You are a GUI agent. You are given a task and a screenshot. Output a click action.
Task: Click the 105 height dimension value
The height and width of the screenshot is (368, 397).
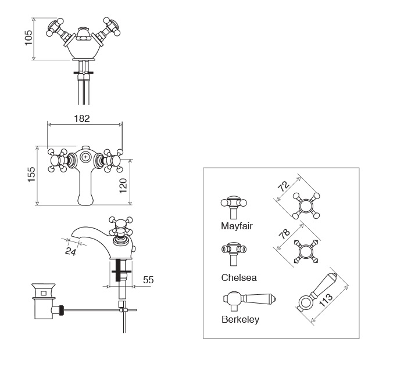[28, 38]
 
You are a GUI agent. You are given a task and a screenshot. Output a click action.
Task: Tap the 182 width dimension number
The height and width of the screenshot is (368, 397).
[82, 118]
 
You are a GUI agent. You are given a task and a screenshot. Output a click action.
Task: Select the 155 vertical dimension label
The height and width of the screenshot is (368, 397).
[31, 174]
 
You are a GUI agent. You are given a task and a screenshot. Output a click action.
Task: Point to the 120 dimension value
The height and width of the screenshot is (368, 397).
[123, 186]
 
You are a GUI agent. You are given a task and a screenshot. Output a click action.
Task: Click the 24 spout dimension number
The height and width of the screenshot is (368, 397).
[71, 251]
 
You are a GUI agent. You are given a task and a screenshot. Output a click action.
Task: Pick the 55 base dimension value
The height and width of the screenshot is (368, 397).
[148, 280]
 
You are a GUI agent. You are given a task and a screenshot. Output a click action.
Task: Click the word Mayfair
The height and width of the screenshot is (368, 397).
[237, 226]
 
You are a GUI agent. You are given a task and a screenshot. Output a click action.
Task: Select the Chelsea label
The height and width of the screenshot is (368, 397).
[239, 277]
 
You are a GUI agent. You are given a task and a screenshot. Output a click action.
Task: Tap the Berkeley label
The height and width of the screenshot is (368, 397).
[240, 319]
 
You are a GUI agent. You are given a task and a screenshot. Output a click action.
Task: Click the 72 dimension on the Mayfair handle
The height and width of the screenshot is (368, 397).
[284, 186]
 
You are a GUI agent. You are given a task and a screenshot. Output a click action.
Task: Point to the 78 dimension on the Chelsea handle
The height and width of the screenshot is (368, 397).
[284, 234]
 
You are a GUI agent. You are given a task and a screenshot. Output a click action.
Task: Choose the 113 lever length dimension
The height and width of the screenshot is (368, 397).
[326, 300]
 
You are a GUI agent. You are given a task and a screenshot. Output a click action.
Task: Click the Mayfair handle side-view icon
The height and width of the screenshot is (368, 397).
[234, 207]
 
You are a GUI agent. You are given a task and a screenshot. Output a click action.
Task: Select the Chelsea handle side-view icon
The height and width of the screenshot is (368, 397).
[234, 254]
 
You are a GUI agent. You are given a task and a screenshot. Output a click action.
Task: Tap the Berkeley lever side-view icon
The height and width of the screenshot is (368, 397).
[249, 301]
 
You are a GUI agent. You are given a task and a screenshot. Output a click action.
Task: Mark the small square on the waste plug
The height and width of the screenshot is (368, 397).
[44, 293]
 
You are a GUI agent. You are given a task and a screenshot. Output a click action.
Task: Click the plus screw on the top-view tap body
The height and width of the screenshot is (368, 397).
[86, 157]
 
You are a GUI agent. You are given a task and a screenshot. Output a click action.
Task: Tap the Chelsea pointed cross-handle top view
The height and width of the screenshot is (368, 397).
[306, 251]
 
